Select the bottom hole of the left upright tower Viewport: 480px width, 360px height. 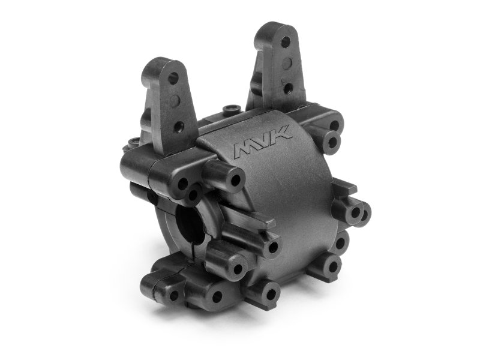(179, 126)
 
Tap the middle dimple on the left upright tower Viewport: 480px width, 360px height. (176, 102)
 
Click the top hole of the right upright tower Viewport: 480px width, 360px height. (286, 42)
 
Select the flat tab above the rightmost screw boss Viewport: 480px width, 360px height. (342, 186)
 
